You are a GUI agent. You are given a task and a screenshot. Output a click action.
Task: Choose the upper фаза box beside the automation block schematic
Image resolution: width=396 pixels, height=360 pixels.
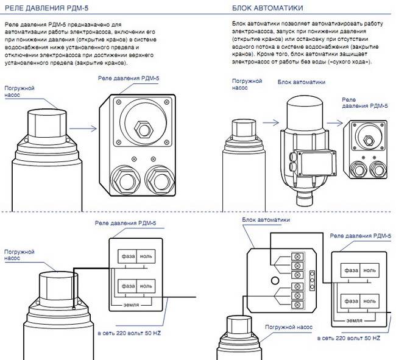[x=351, y=270]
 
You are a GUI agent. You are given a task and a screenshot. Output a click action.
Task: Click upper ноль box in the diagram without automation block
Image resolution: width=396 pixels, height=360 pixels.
[x=146, y=257]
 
